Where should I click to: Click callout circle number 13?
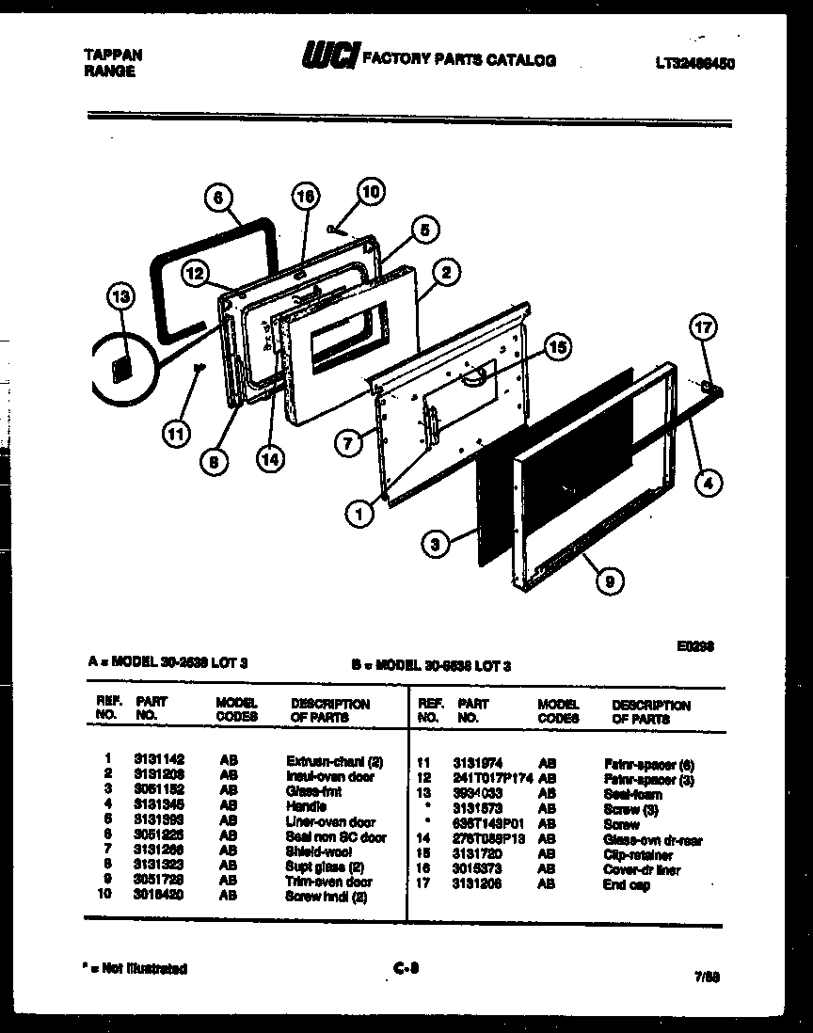tap(121, 298)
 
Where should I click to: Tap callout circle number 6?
tap(218, 199)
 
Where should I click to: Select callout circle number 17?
tap(704, 328)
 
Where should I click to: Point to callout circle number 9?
tap(610, 581)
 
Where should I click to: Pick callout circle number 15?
tap(557, 348)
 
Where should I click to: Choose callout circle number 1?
tap(359, 514)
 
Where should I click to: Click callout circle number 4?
tap(709, 485)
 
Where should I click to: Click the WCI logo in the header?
tap(327, 58)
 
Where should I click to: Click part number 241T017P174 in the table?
tap(492, 778)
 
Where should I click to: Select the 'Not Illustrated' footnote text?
tap(135, 968)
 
